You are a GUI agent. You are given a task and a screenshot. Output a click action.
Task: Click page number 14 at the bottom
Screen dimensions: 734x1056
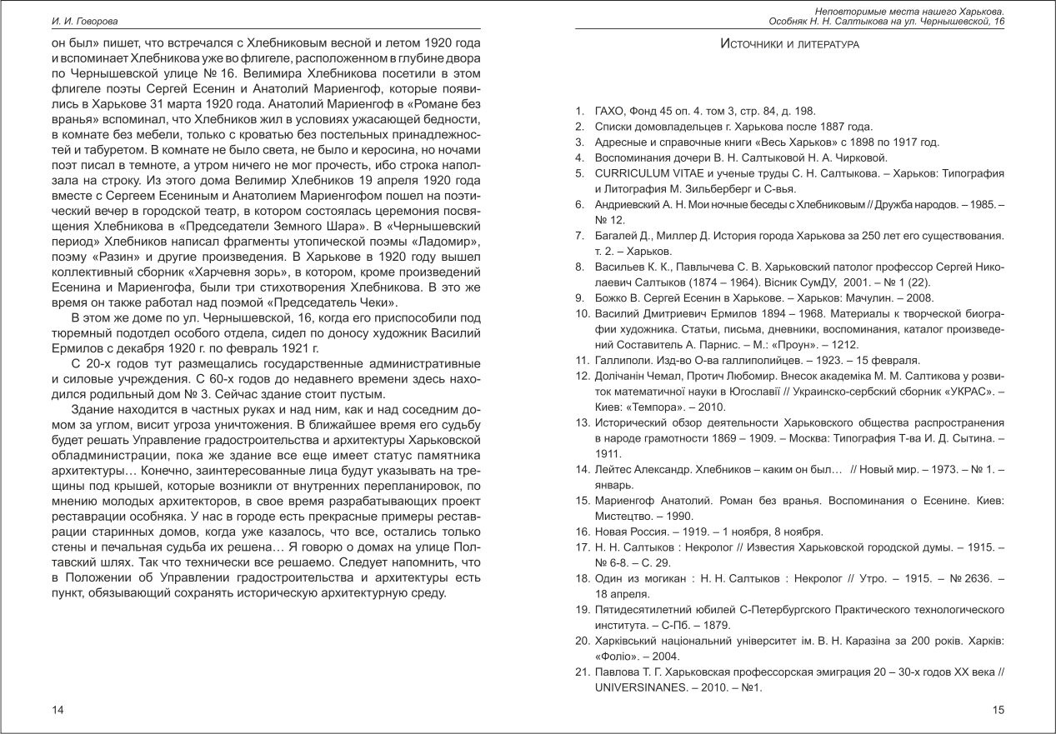point(58,709)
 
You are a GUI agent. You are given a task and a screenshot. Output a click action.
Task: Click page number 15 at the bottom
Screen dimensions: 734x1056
point(998,709)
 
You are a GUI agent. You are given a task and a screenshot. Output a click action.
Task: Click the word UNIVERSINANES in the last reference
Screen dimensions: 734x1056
point(641,688)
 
